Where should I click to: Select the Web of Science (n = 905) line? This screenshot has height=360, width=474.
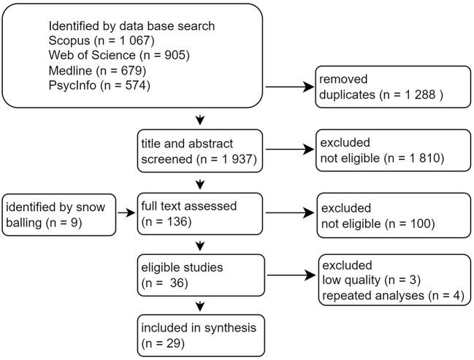pos(113,55)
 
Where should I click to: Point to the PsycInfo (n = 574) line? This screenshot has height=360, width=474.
pos(99,87)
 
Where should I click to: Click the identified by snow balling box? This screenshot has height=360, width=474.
pos(59,214)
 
